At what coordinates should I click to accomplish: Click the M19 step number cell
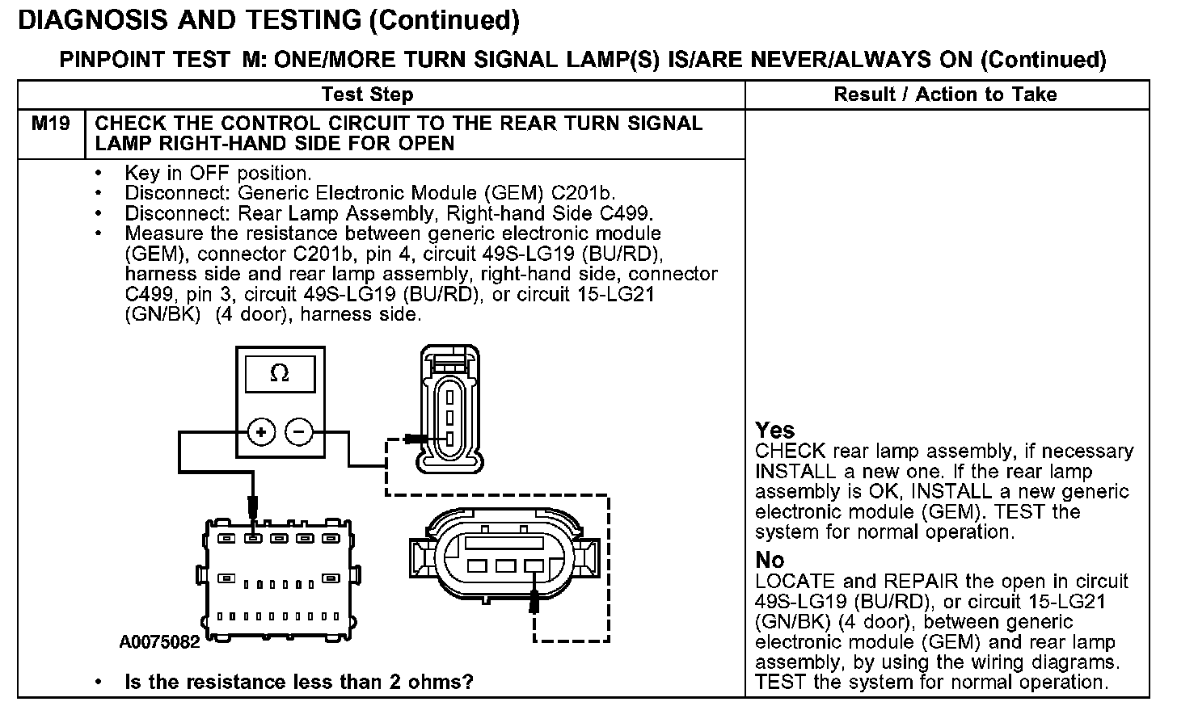50,124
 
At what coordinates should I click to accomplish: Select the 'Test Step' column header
367,95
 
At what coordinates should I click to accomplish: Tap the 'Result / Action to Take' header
945,95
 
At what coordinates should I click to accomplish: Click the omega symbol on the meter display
279,373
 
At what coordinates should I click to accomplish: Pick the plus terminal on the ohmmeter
261,432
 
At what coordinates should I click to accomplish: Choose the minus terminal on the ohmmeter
299,432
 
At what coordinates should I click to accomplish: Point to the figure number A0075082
159,643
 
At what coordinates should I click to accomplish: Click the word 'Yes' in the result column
774,431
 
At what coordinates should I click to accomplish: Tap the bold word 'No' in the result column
770,561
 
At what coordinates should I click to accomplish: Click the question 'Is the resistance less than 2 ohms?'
298,682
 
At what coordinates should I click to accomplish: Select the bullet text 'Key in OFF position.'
217,173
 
